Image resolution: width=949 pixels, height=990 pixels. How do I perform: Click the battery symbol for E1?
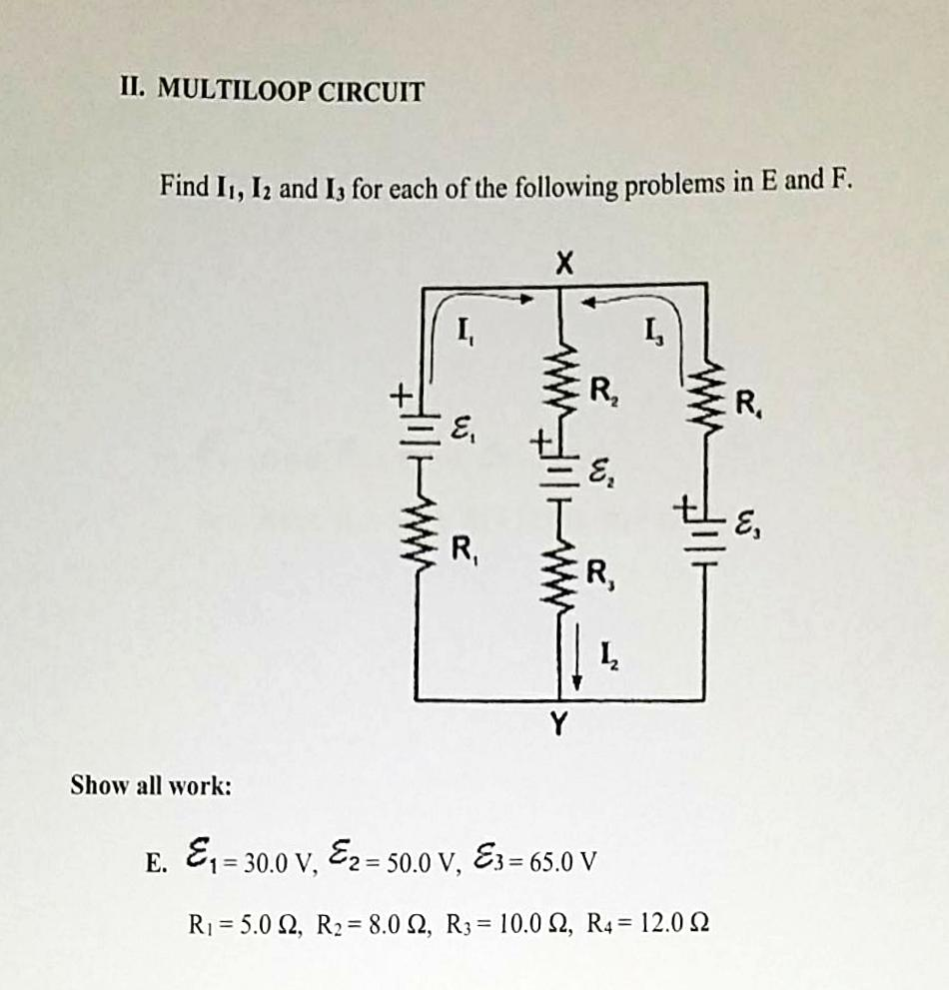pos(420,431)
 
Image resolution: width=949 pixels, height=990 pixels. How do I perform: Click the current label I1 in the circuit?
pos(466,331)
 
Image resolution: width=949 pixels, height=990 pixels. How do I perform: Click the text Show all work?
pos(151,785)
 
